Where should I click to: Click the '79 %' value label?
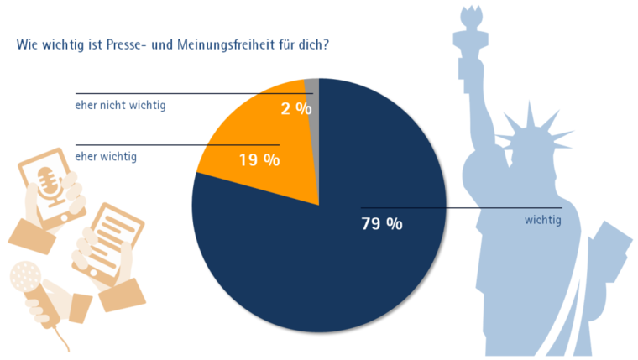pyautogui.click(x=381, y=224)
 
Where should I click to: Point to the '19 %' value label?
pyautogui.click(x=259, y=159)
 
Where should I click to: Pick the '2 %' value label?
pyautogui.click(x=296, y=108)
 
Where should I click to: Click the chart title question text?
pyautogui.click(x=172, y=44)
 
